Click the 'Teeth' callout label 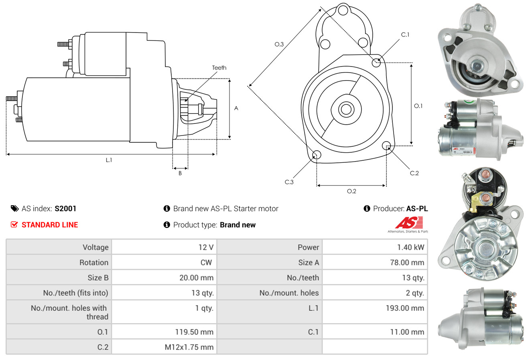(x=219, y=68)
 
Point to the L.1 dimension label (x=109, y=160)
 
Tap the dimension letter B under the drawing (x=180, y=173)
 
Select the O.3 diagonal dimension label (x=279, y=44)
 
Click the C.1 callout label (x=405, y=34)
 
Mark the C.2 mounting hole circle (x=387, y=145)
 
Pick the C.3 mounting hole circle (x=316, y=155)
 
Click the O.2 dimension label (x=351, y=191)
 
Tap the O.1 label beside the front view (x=418, y=106)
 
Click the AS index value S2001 (x=65, y=208)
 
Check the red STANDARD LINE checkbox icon (x=14, y=224)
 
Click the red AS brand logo (x=409, y=223)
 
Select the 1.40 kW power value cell (x=375, y=247)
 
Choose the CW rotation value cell (x=164, y=262)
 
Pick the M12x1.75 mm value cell (x=164, y=347)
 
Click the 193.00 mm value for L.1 (x=375, y=308)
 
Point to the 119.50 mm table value (x=164, y=332)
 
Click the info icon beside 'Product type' (x=167, y=225)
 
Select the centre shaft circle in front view (x=345, y=109)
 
